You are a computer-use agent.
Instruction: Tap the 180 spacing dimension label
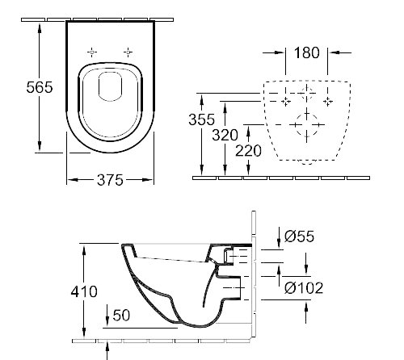click(x=307, y=54)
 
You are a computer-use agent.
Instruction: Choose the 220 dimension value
click(x=250, y=151)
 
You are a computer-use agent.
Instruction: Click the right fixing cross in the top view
click(x=128, y=52)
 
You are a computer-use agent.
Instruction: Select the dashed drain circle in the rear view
click(x=307, y=128)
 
